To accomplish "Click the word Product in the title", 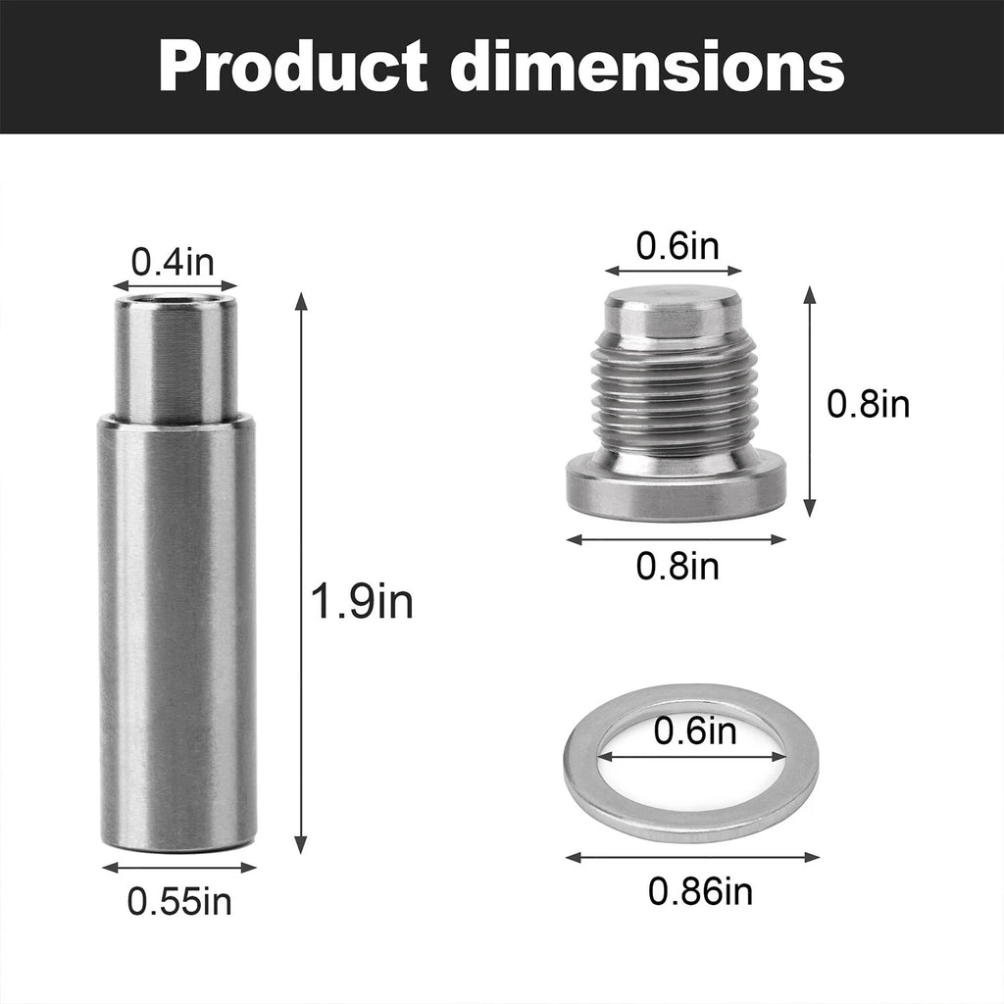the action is (292, 66).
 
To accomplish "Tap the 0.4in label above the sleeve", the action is (173, 262).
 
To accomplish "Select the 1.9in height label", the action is (362, 601).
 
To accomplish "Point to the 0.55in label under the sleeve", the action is (179, 901).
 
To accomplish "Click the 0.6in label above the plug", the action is (678, 246).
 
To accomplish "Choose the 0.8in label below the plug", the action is (678, 566).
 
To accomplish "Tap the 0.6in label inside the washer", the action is (695, 730).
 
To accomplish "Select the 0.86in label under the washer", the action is (700, 890).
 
